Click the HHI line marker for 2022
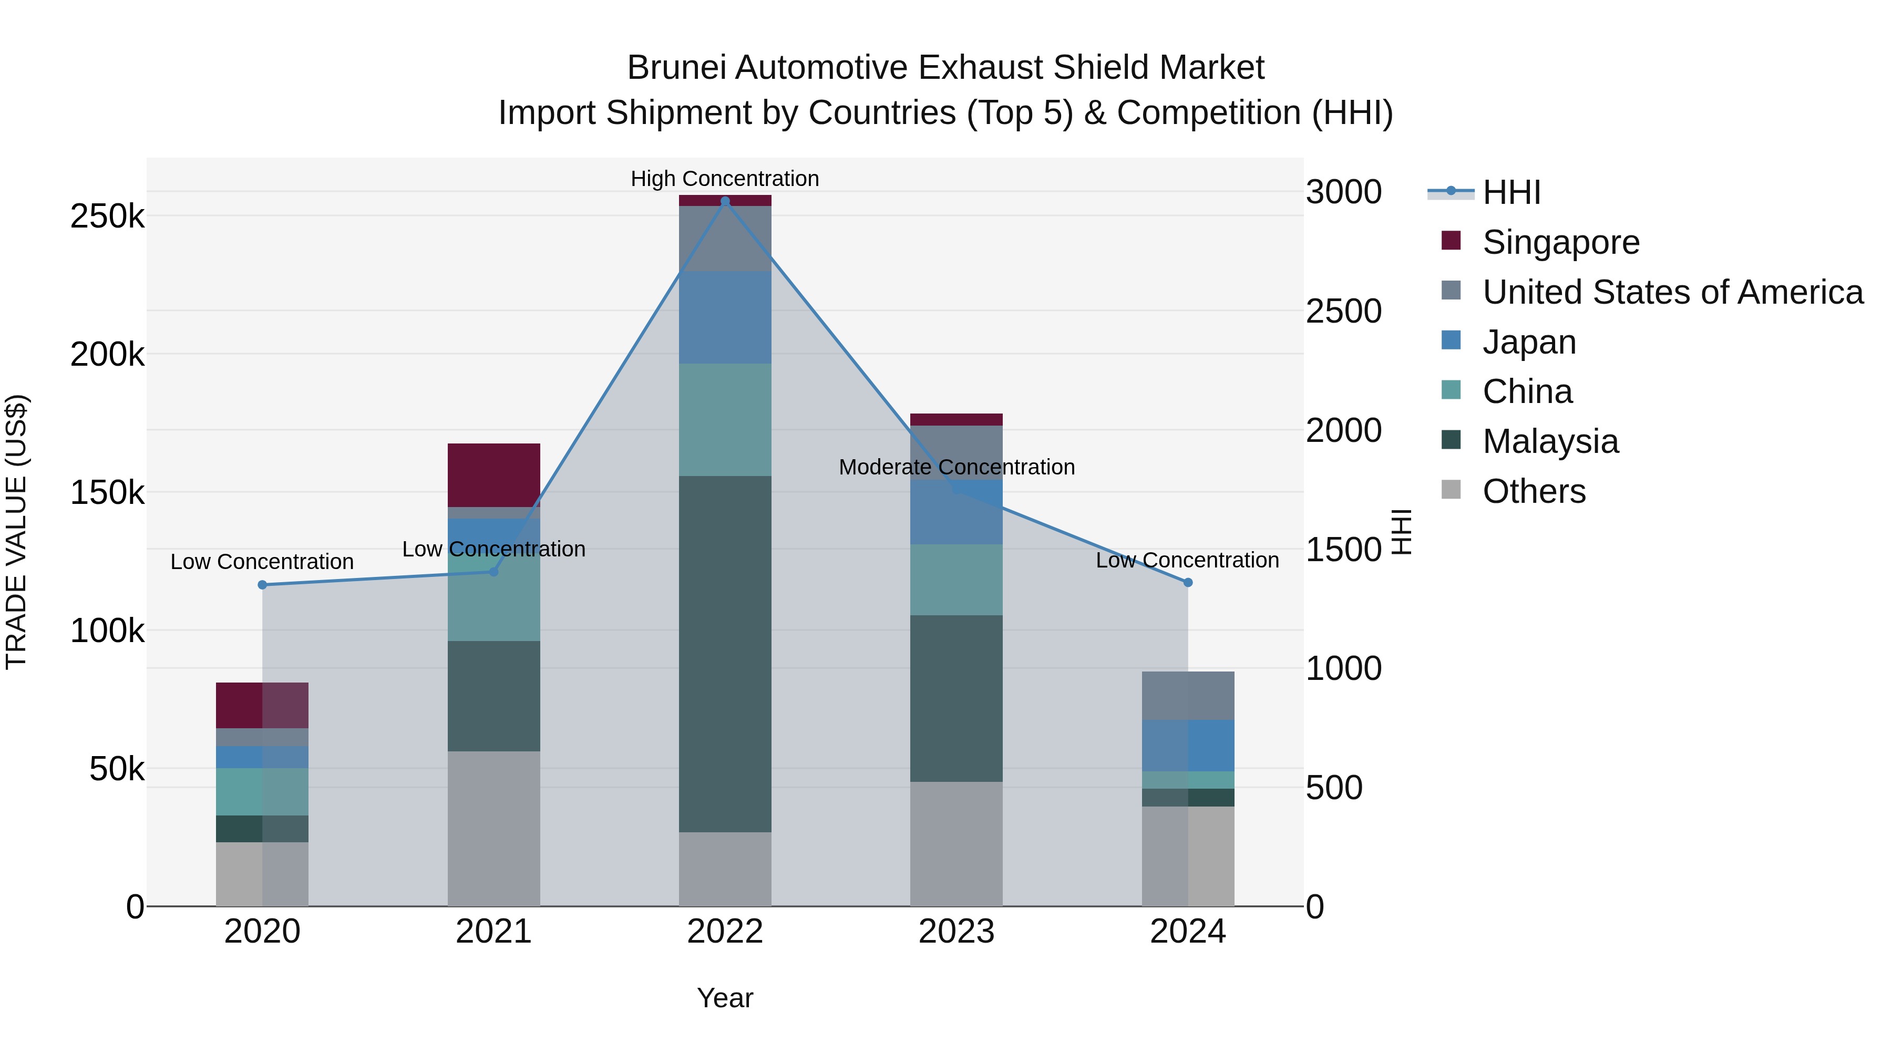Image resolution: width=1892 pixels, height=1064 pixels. coord(725,201)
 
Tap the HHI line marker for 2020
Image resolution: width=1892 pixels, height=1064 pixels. coord(262,584)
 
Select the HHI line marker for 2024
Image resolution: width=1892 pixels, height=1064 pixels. coord(1188,582)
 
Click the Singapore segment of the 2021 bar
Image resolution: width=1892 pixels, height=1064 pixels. coord(493,474)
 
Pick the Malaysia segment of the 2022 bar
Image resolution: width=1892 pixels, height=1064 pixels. coord(725,654)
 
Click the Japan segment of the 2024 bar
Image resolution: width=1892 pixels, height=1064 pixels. coord(1188,745)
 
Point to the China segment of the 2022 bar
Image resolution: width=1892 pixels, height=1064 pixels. coord(725,419)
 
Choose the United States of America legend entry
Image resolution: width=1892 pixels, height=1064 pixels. coord(1672,292)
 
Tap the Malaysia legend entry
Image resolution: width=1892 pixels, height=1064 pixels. coord(1550,441)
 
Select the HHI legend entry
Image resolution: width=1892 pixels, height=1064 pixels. coord(1511,192)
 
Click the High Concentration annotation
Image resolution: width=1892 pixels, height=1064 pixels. coord(725,179)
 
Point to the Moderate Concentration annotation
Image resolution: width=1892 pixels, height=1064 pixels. coord(957,467)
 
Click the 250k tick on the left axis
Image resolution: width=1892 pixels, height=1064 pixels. coord(107,216)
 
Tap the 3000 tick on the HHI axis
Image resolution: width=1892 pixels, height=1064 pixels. coord(1343,192)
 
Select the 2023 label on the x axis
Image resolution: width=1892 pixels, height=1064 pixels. coord(957,931)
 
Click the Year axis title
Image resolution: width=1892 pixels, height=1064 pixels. coord(725,998)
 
